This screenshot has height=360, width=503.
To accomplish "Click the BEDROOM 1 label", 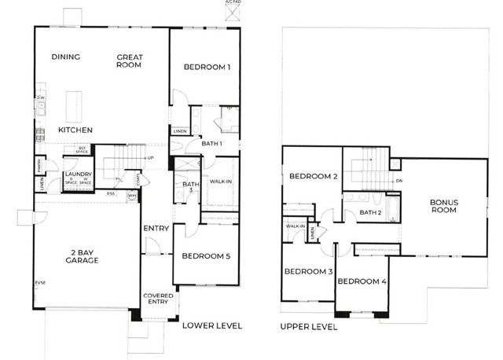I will [207, 68].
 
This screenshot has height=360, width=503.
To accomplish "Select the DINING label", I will [67, 57].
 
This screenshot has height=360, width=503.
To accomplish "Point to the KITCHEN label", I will [75, 130].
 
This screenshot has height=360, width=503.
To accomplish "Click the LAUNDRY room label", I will [79, 174].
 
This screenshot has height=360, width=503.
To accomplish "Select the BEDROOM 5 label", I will [206, 256].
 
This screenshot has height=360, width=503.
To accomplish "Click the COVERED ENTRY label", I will [157, 299].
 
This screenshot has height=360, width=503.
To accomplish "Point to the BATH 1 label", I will [212, 144].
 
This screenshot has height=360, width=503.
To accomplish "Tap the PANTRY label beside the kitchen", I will [38, 164].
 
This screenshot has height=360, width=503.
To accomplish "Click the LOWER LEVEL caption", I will [211, 325].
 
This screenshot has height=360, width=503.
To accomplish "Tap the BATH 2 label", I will [370, 212].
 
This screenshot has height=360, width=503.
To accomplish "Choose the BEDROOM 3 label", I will [308, 272].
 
